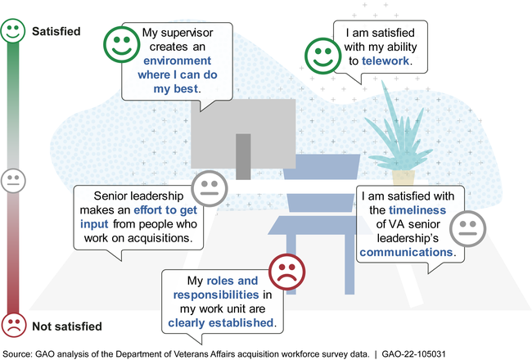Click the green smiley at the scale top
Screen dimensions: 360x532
click(x=13, y=32)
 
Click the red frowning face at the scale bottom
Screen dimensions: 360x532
click(x=13, y=326)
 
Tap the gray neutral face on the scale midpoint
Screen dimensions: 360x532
click(x=13, y=182)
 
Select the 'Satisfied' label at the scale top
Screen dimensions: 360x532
click(x=56, y=32)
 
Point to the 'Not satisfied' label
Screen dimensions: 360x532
click(x=67, y=326)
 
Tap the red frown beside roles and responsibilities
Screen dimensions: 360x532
click(x=286, y=272)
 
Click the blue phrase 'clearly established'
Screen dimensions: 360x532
click(x=221, y=323)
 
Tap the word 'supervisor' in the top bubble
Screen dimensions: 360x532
click(x=185, y=33)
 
